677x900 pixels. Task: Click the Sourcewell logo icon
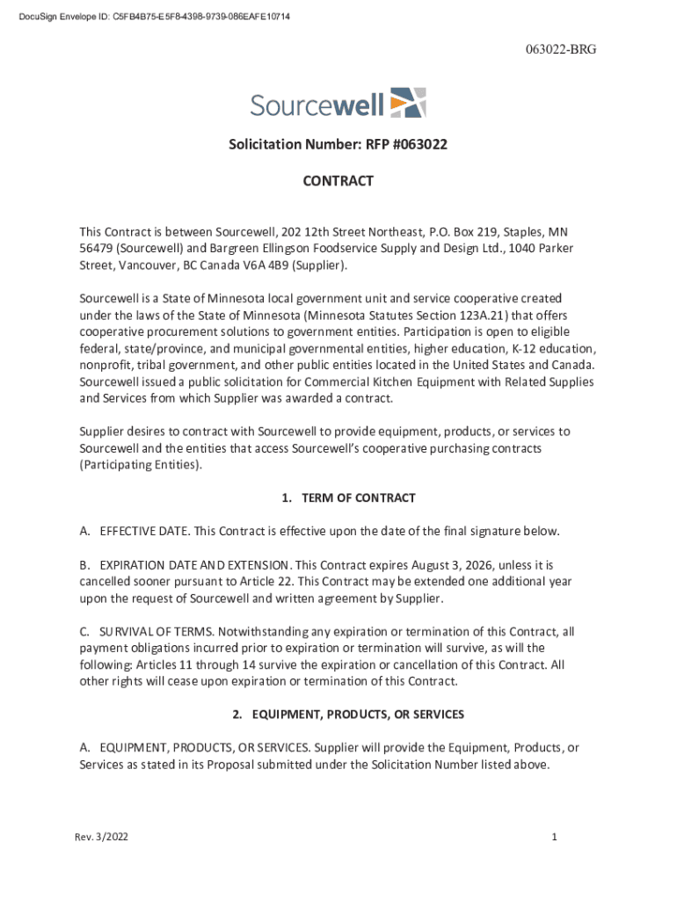408,103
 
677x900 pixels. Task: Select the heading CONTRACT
338,181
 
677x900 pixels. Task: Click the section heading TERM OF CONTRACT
358,498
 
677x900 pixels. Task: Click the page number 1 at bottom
555,838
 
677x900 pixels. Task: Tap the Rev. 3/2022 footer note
101,838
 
